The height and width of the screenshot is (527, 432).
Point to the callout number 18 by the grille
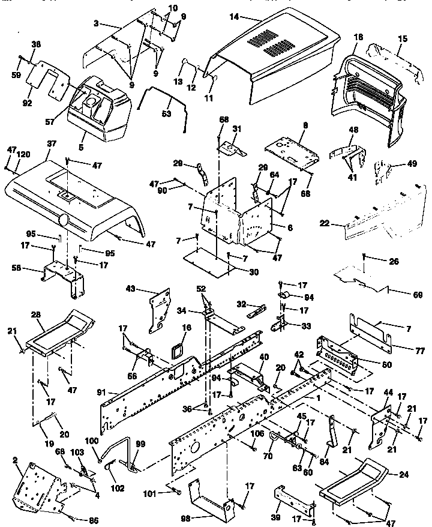[358, 37]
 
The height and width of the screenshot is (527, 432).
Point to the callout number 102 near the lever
[117, 489]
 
